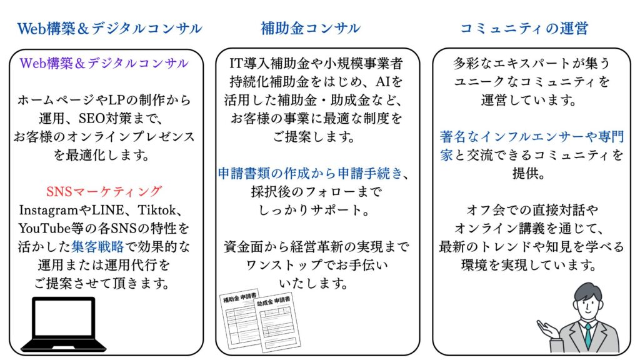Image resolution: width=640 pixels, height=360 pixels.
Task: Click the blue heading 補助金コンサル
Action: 310,28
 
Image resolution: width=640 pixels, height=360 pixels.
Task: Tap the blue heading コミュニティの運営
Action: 524,28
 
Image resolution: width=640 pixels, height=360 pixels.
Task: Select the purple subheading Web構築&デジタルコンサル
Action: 104,63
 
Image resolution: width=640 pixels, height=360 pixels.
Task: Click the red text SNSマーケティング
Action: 104,191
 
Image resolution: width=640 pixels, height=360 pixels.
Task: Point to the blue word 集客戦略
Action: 97,246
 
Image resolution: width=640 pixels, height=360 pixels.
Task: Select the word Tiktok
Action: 156,210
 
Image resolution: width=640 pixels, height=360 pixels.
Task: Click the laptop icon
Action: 63,324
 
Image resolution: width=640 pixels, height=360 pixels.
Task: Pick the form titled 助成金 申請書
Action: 277,322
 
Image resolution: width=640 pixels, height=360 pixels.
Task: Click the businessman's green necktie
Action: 587,336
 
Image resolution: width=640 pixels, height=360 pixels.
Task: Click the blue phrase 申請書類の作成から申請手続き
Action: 310,174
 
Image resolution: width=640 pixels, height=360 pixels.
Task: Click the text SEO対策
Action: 104,118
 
